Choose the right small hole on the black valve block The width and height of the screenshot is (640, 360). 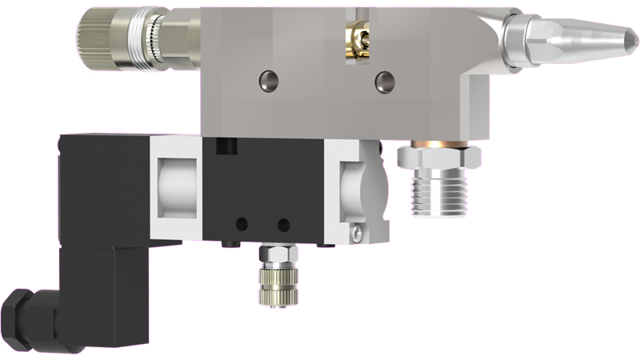click(x=282, y=224)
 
